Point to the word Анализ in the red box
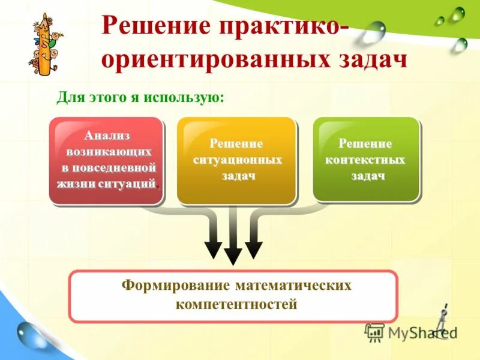(x=107, y=136)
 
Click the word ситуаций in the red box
(x=131, y=183)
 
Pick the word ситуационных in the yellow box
(x=237, y=160)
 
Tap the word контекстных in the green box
(x=365, y=160)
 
